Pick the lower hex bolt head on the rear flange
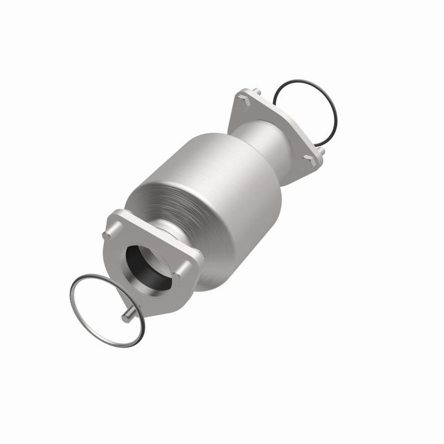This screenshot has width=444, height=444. (306, 159)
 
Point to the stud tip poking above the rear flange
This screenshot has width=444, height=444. (257, 92)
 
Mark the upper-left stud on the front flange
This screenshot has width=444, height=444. (109, 234)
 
